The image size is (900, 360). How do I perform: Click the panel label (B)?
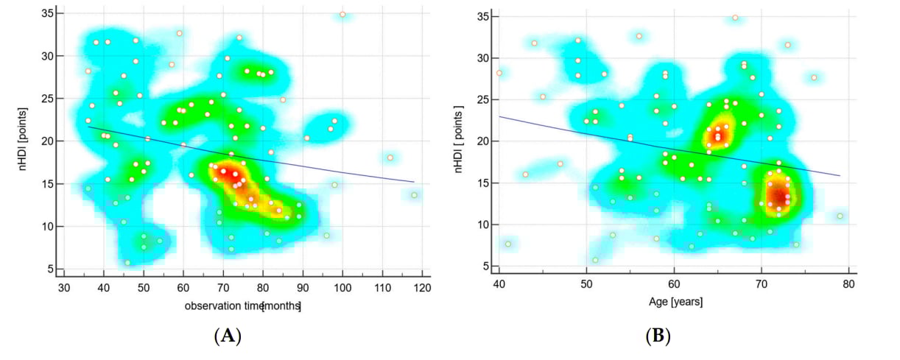click(657, 336)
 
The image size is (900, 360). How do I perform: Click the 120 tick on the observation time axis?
click(422, 289)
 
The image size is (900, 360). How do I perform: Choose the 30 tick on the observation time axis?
click(64, 289)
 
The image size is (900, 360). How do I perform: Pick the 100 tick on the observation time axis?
click(342, 289)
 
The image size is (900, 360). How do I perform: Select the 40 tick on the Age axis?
click(499, 285)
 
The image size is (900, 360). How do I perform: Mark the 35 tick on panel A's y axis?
click(45, 13)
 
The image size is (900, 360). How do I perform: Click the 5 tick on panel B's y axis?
click(486, 266)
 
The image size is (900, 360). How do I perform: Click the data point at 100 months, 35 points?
click(342, 15)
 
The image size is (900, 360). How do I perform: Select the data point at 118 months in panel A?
click(414, 195)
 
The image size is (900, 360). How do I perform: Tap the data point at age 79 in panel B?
click(840, 216)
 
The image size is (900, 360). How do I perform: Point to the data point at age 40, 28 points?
click(499, 73)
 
